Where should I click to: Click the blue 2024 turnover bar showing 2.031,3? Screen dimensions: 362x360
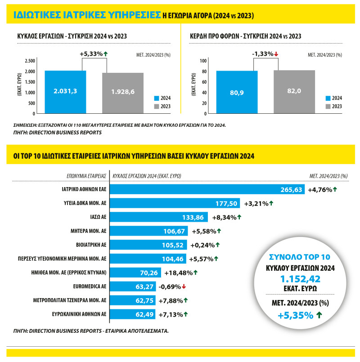[x=65, y=92]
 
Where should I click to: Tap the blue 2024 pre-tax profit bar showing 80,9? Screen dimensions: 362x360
[x=237, y=92]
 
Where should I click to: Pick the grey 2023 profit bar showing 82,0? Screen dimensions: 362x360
[x=294, y=92]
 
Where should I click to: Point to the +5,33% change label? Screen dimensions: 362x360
[x=91, y=54]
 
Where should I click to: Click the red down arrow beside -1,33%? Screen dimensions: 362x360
[x=276, y=54]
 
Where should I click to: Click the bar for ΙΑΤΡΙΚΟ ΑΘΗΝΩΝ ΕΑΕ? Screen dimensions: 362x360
[x=207, y=190]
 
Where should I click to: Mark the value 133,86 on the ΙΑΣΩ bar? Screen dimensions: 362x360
[x=194, y=218]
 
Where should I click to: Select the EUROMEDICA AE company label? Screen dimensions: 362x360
[x=89, y=286]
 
